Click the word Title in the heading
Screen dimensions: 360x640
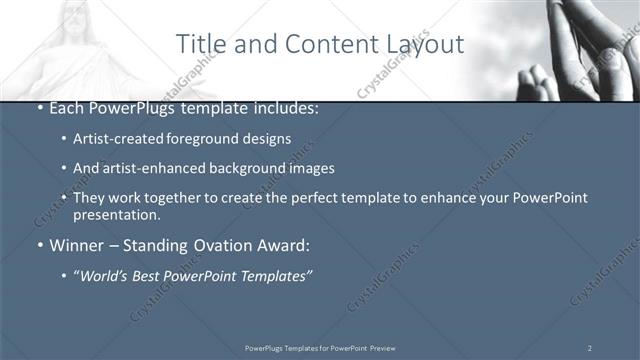click(200, 44)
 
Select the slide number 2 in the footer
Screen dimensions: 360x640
click(589, 347)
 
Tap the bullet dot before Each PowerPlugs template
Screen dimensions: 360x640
click(39, 108)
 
